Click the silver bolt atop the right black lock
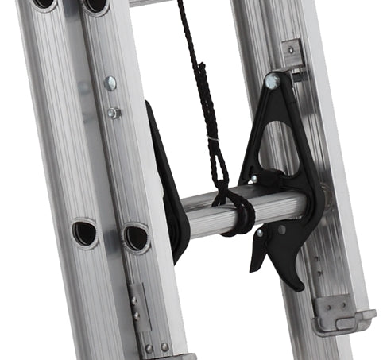[x=273, y=81]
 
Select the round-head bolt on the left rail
[x=110, y=83]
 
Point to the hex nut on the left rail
[x=114, y=113]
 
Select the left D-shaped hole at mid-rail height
[x=84, y=233]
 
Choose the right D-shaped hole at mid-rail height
[x=135, y=236]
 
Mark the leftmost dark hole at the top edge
[x=44, y=4]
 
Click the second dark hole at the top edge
[x=95, y=5]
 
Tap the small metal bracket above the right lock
[x=292, y=56]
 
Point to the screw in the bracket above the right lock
[x=292, y=49]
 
